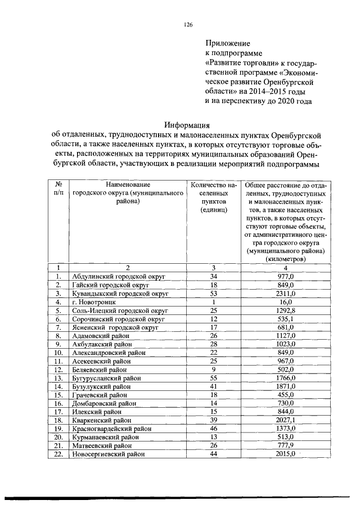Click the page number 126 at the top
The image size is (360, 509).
coord(188,24)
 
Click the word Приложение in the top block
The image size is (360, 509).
coord(227,43)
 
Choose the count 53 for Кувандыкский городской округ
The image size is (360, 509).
coord(213,293)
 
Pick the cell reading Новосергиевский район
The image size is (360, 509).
coord(107,453)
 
